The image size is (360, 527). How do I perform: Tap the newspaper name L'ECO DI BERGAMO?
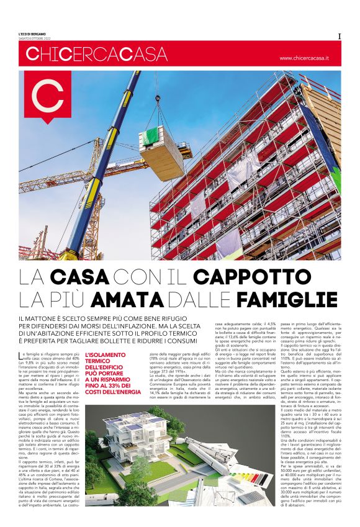[32, 34]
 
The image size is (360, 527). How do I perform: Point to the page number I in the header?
[339, 37]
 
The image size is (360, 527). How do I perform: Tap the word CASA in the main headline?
[80, 276]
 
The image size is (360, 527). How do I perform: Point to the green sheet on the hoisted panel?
[152, 135]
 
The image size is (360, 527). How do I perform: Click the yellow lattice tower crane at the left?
[95, 205]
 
